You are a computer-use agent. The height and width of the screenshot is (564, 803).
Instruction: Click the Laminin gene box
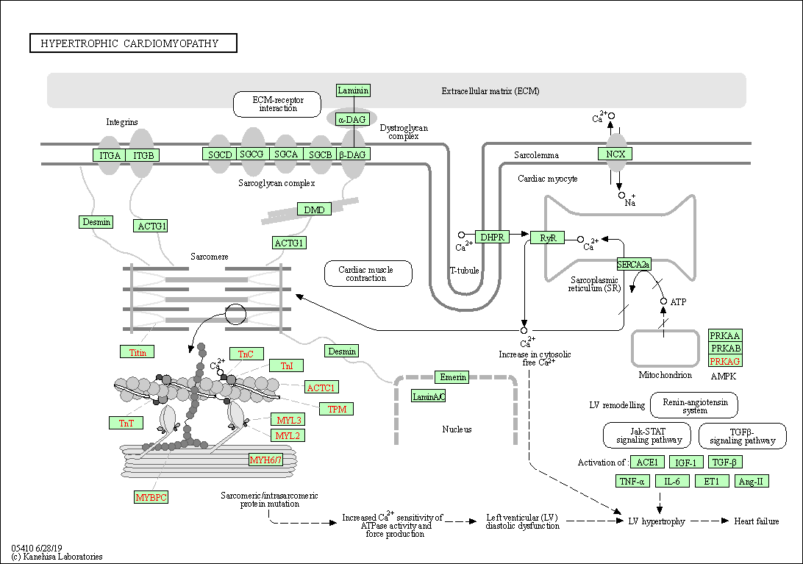pyautogui.click(x=353, y=90)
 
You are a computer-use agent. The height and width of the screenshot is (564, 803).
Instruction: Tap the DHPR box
pyautogui.click(x=492, y=237)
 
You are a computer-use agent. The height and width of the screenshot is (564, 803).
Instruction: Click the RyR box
pyautogui.click(x=548, y=238)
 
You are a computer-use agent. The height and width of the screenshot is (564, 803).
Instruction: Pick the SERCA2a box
pyautogui.click(x=634, y=264)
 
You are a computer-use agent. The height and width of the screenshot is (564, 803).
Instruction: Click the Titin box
pyautogui.click(x=138, y=352)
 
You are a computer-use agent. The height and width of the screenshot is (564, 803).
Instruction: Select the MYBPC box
pyautogui.click(x=151, y=497)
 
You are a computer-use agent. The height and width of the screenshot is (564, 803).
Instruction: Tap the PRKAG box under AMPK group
pyautogui.click(x=725, y=360)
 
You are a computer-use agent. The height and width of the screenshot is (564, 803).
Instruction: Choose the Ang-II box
pyautogui.click(x=752, y=481)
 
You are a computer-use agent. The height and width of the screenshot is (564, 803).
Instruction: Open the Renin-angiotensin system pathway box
pyautogui.click(x=695, y=405)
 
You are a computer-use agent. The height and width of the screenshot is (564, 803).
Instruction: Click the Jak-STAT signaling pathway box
pyautogui.click(x=647, y=435)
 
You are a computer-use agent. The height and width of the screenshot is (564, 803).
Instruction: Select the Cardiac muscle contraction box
pyautogui.click(x=368, y=274)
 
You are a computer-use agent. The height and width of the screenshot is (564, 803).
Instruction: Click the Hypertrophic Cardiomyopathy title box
pyautogui.click(x=134, y=43)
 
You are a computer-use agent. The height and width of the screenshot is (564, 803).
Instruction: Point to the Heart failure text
pyautogui.click(x=757, y=521)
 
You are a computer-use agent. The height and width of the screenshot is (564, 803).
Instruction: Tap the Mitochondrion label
pyautogui.click(x=665, y=375)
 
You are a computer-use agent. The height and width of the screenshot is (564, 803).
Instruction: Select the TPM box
pyautogui.click(x=337, y=409)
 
